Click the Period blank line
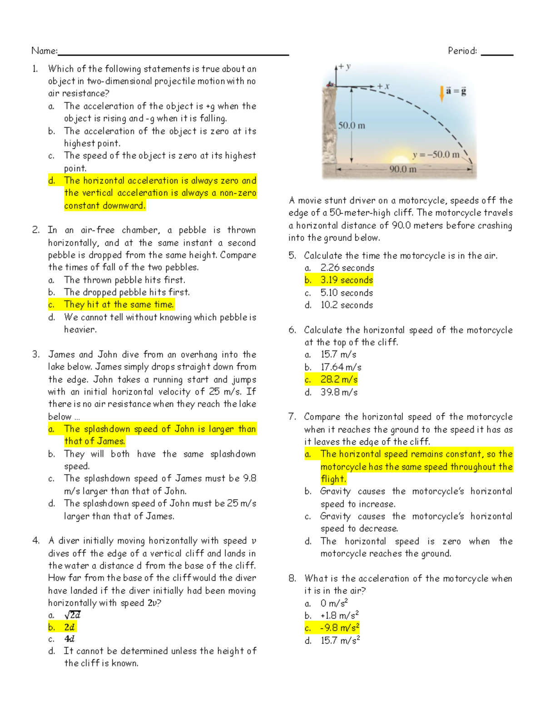[497, 54]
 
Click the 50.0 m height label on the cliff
[352, 125]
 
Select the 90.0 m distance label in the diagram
[403, 170]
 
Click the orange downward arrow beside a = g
[441, 93]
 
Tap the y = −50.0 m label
[436, 155]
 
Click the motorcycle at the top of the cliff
[330, 84]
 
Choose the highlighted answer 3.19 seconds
[347, 280]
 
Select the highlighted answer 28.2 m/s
[339, 380]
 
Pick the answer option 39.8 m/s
[339, 392]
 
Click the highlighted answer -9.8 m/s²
[340, 628]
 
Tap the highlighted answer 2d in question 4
[69, 627]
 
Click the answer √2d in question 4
[72, 615]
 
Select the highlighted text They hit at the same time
[119, 305]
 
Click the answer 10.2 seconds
[347, 305]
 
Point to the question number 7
[292, 417]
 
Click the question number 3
[36, 355]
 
